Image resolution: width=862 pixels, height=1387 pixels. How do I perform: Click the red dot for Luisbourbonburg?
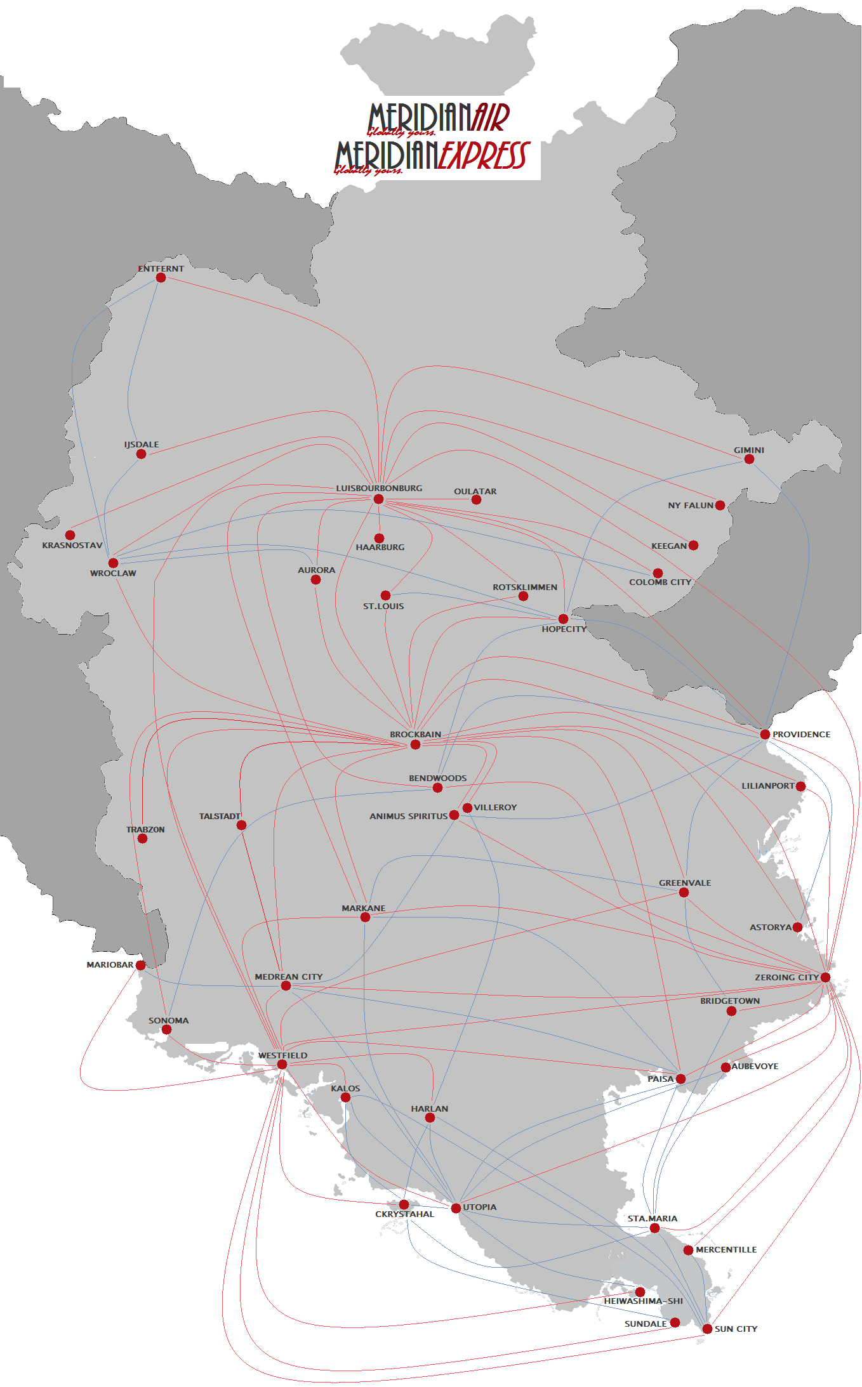pos(378,499)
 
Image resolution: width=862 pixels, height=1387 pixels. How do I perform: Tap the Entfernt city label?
pos(161,268)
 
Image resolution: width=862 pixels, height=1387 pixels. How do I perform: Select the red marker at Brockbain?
pos(415,744)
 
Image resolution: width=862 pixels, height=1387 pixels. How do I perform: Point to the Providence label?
pos(801,734)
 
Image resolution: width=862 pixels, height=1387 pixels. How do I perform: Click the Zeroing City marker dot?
pos(825,977)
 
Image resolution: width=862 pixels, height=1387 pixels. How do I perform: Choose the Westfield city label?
pos(282,1055)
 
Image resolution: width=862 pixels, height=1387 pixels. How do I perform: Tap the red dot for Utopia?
pos(456,1207)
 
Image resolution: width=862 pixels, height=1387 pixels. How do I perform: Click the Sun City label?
pos(736,1329)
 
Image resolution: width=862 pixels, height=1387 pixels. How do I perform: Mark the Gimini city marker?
pos(749,459)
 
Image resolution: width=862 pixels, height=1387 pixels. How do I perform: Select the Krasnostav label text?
pos(72,545)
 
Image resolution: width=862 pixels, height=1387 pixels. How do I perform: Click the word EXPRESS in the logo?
pos(483,156)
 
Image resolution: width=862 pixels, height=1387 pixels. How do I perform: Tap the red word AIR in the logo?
pos(491,117)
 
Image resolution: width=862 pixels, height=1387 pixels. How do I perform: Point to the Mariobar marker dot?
pos(141,965)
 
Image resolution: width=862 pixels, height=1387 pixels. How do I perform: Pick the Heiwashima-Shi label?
pos(643,1301)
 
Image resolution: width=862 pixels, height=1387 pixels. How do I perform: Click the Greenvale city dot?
pos(684,893)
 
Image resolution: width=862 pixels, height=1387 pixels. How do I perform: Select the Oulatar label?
pos(475,491)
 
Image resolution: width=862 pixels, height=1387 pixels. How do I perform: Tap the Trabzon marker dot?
pos(143,839)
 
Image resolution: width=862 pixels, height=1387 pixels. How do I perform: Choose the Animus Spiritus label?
pos(408,816)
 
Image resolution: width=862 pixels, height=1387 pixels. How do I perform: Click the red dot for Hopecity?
pos(563,619)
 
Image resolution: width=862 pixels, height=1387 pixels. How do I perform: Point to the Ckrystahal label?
pos(404,1214)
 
